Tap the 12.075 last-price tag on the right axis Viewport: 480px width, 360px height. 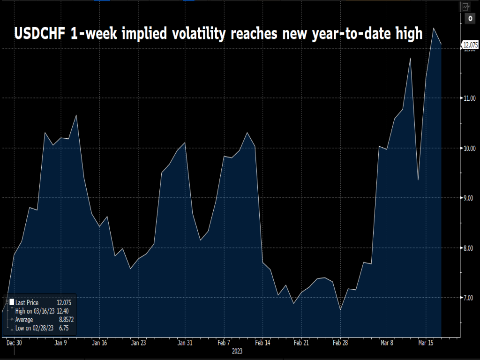470,45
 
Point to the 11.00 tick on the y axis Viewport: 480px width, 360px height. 470,98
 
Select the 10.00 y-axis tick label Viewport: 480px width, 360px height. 470,148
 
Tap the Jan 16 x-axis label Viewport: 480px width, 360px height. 100,343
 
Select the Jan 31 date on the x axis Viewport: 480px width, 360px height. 185,343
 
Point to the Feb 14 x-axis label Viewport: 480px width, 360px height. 262,343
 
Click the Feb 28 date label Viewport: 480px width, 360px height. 340,343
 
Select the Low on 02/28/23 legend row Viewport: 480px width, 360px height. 35,328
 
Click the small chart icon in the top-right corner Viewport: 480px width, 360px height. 465,7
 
